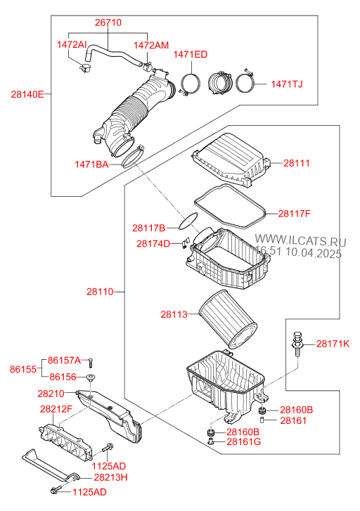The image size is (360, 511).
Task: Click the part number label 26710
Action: [108, 22]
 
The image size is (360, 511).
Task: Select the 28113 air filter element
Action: [229, 319]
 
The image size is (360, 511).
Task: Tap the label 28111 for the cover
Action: [297, 163]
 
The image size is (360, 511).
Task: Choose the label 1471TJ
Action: [287, 84]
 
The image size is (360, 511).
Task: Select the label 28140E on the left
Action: [27, 94]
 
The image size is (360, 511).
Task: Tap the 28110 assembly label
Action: [100, 292]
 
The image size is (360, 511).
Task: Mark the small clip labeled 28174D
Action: [185, 242]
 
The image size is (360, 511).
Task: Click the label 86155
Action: [22, 369]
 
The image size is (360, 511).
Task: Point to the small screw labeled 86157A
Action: [91, 363]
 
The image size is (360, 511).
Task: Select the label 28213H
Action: [110, 477]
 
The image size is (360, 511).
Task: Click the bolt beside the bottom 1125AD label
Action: [55, 490]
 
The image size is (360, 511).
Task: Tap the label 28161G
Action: [243, 441]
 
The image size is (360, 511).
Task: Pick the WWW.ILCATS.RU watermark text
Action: [300, 240]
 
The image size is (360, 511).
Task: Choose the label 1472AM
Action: [151, 45]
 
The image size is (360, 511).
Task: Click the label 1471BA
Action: [91, 164]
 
